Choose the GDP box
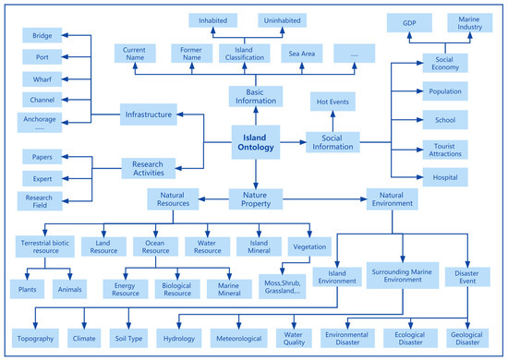(x=410, y=21)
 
